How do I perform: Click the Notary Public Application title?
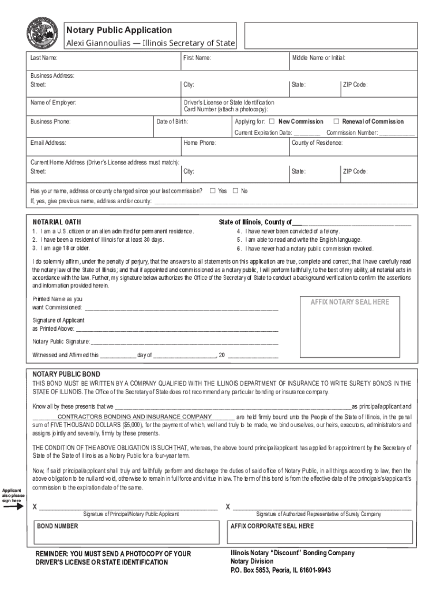click(x=118, y=29)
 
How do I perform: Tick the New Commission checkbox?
click(x=272, y=122)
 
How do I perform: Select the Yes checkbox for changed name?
click(x=213, y=190)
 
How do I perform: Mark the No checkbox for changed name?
click(x=235, y=190)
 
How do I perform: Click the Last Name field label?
click(x=44, y=58)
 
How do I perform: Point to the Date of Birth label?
click(x=172, y=122)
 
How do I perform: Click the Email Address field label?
click(x=48, y=143)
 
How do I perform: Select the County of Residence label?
click(x=317, y=143)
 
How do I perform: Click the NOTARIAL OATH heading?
click(x=57, y=222)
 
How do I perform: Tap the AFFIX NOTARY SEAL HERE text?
click(x=350, y=302)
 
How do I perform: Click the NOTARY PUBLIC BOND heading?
click(x=66, y=373)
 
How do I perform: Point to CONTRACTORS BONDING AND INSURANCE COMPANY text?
click(x=135, y=416)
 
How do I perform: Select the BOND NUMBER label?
click(x=58, y=526)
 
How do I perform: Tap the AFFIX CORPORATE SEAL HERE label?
click(x=272, y=526)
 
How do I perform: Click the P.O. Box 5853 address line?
click(x=280, y=570)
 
